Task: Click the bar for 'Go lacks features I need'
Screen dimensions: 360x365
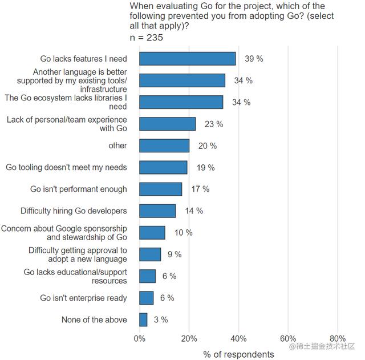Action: click(187, 59)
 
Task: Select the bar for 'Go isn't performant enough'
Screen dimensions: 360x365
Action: click(161, 189)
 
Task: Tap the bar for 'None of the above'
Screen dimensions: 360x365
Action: click(143, 319)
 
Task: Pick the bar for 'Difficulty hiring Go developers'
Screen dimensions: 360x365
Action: click(157, 211)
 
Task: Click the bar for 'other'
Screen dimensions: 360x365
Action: click(164, 145)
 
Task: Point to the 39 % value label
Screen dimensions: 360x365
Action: click(254, 59)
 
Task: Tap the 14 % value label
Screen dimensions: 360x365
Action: click(194, 211)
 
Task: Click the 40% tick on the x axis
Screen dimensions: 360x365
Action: click(238, 338)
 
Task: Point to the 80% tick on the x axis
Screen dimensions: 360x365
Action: click(338, 338)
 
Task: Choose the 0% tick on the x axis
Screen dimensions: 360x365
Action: click(139, 338)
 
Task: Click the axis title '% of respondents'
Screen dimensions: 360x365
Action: click(238, 354)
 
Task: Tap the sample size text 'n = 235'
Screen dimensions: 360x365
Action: click(147, 38)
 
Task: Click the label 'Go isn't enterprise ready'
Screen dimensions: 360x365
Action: click(84, 298)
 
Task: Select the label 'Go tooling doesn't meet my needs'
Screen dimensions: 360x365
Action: click(67, 167)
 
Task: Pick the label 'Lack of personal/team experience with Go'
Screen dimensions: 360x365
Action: click(67, 124)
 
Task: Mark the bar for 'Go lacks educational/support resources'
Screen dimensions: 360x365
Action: click(147, 276)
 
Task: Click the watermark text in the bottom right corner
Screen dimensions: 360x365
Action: click(322, 346)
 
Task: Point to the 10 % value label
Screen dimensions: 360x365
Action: click(184, 232)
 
